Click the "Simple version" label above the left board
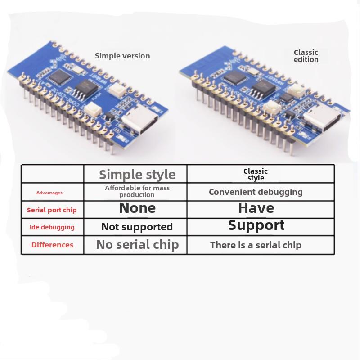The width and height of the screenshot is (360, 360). pyautogui.click(x=122, y=56)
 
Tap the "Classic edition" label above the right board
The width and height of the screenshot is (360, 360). pyautogui.click(x=306, y=56)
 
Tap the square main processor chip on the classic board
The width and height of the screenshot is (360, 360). pyautogui.click(x=233, y=77)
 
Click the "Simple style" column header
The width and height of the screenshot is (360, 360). pyautogui.click(x=137, y=174)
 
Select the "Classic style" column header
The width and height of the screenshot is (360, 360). pyautogui.click(x=256, y=174)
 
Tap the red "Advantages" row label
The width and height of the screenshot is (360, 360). pyautogui.click(x=49, y=193)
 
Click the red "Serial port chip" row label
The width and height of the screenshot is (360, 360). pyautogui.click(x=52, y=210)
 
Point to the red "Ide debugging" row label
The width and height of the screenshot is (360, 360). pyautogui.click(x=52, y=227)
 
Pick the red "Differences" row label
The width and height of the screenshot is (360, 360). pyautogui.click(x=52, y=245)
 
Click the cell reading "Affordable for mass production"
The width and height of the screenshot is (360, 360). pyautogui.click(x=137, y=191)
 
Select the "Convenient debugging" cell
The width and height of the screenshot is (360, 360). pyautogui.click(x=256, y=192)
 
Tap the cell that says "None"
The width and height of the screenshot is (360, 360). pyautogui.click(x=137, y=208)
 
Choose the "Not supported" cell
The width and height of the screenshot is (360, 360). pyautogui.click(x=137, y=227)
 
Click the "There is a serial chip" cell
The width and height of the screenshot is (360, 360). pyautogui.click(x=256, y=245)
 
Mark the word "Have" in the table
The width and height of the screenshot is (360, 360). pyautogui.click(x=256, y=208)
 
